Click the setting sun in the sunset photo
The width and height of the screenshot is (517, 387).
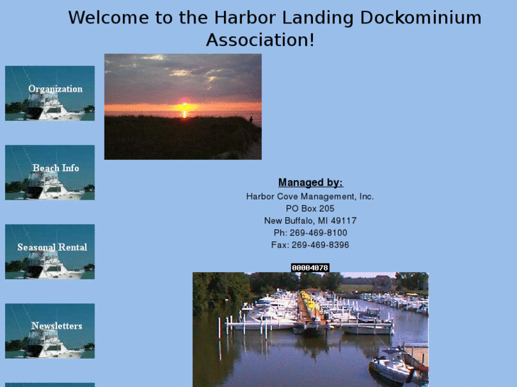(185, 107)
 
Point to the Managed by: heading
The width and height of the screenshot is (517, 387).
(310, 182)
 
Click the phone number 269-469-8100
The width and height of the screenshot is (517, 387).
(319, 233)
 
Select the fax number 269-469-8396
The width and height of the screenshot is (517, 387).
(320, 245)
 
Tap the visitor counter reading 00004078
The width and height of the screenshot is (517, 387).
(310, 268)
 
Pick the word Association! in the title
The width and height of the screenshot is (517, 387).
(260, 40)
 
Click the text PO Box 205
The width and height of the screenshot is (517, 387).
(310, 209)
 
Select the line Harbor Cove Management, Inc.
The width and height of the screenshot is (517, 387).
(310, 197)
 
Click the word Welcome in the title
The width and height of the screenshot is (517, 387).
(109, 18)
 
